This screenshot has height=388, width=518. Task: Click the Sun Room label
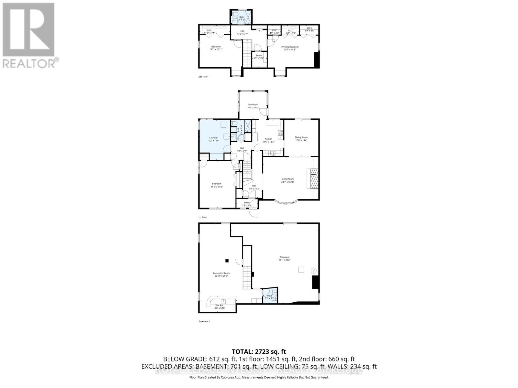click(253, 104)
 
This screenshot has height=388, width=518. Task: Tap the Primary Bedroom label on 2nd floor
click(290, 47)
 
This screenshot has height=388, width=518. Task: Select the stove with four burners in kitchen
click(280, 132)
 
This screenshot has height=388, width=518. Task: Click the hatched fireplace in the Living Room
click(313, 179)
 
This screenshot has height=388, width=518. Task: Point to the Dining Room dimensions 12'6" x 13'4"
click(301, 140)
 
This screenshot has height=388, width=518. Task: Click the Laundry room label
click(213, 137)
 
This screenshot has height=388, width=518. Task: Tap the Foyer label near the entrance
click(247, 203)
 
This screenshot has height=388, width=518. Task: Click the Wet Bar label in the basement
click(219, 305)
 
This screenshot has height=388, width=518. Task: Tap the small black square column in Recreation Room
click(227, 261)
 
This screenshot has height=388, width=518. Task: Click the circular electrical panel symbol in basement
click(313, 270)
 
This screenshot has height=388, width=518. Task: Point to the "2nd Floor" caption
click(203, 77)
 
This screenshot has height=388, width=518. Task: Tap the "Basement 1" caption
click(204, 321)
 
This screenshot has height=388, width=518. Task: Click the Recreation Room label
click(221, 273)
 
